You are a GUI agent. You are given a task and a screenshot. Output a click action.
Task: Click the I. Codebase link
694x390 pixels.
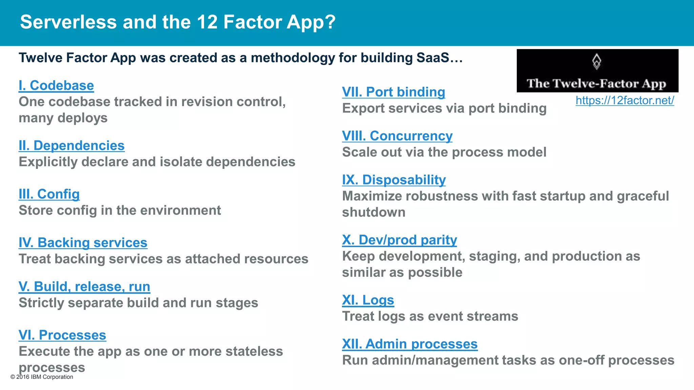tap(56, 85)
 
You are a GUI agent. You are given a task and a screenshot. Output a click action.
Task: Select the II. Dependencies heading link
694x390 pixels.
tap(72, 146)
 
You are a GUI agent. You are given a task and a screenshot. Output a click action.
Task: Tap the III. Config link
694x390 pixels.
tap(49, 194)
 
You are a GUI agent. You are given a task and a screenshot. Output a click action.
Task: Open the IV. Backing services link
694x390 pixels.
tap(83, 243)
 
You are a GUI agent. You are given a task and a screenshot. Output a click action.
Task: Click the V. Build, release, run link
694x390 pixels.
tap(84, 286)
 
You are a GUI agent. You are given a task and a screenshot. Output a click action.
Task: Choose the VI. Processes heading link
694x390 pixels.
tap(62, 335)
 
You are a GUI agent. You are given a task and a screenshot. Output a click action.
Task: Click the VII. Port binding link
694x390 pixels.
tap(393, 92)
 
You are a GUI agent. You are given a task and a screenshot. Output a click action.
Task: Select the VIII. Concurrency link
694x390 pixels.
tap(397, 136)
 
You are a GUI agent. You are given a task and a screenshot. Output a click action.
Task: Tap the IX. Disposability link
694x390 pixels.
tap(394, 180)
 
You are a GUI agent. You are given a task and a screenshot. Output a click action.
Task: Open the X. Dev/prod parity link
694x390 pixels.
tap(400, 240)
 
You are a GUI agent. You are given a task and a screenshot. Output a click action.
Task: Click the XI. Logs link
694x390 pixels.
tap(368, 300)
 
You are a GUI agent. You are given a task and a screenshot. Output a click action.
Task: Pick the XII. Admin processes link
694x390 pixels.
tap(410, 344)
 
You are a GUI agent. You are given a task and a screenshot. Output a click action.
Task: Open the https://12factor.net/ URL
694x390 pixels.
tap(625, 100)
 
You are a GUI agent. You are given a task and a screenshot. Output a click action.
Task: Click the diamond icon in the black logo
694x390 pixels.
tap(597, 62)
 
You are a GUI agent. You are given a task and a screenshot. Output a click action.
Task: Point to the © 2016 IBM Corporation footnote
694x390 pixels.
tap(42, 377)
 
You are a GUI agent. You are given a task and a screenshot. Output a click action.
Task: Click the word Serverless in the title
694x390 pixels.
tap(69, 22)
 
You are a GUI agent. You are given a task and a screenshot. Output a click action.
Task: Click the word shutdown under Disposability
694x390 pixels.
tap(373, 212)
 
